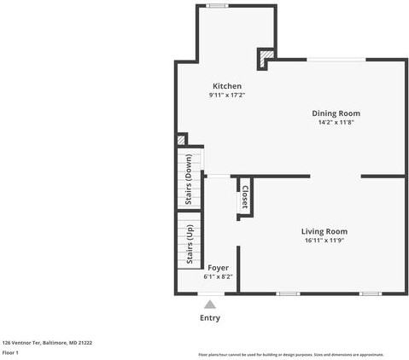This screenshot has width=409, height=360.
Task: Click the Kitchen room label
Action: tap(227, 86)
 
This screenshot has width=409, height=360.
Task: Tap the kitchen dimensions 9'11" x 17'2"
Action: tap(227, 96)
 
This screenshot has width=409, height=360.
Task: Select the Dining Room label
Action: tap(336, 113)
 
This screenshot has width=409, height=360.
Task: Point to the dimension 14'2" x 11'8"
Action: tap(336, 122)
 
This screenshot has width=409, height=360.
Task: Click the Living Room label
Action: tap(324, 231)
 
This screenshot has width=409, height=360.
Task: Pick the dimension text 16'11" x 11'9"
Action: tap(324, 241)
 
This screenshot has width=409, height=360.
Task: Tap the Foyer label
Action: tap(218, 268)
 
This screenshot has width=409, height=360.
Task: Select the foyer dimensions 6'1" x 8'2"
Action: tap(218, 276)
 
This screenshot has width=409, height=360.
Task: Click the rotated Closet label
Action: tap(245, 197)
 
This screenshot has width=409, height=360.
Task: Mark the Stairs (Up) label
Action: tap(189, 246)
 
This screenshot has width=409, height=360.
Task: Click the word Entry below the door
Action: tap(210, 318)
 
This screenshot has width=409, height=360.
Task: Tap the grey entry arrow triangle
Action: tap(210, 303)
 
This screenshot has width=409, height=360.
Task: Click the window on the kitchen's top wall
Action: tap(217, 6)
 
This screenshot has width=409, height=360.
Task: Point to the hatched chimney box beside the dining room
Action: tap(266, 59)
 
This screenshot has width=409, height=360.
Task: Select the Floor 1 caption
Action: tap(10, 352)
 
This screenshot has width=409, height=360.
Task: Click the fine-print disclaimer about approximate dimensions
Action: tap(290, 354)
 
